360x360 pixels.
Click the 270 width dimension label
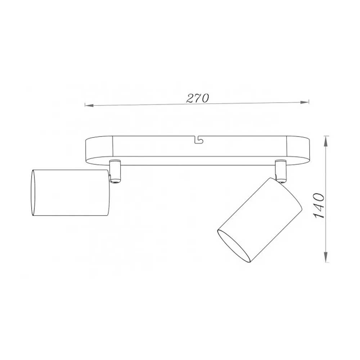point(197,98)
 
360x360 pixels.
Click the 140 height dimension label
point(319,206)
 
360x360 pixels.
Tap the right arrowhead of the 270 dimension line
point(305,102)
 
